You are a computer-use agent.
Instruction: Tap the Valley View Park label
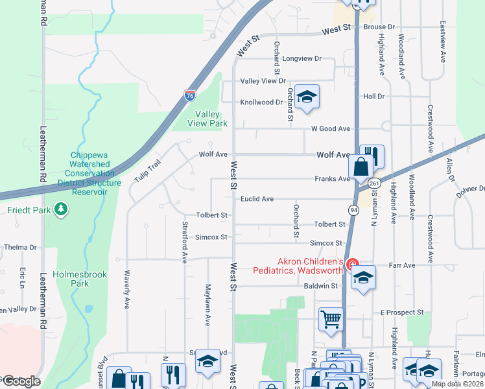pyautogui.click(x=207, y=119)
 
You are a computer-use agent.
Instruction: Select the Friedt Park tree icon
pyautogui.click(x=61, y=209)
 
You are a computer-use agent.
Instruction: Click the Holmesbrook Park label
pyautogui.click(x=88, y=279)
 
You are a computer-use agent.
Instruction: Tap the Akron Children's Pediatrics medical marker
pyautogui.click(x=352, y=265)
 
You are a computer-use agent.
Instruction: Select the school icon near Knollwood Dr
pyautogui.click(x=307, y=97)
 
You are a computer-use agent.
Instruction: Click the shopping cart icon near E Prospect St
pyautogui.click(x=331, y=320)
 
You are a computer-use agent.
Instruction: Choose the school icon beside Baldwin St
pyautogui.click(x=364, y=278)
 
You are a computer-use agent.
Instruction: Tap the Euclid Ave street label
pyautogui.click(x=257, y=199)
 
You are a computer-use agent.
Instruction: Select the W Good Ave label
pyautogui.click(x=330, y=129)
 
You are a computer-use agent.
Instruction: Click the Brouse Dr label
pyautogui.click(x=379, y=27)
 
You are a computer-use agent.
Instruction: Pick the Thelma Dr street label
pyautogui.click(x=19, y=248)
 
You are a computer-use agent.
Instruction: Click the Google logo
pyautogui.click(x=21, y=381)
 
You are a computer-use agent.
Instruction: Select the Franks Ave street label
pyautogui.click(x=332, y=179)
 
